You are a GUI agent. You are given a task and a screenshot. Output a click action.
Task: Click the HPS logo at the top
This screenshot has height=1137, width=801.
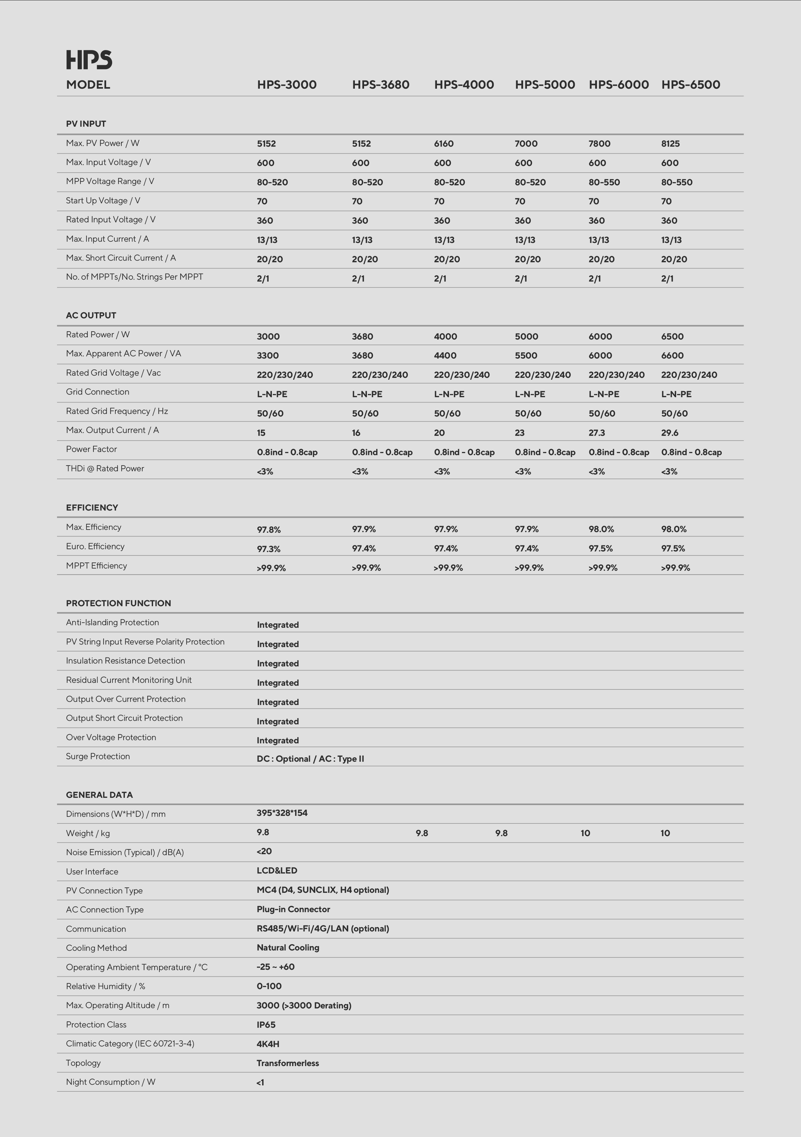(x=89, y=60)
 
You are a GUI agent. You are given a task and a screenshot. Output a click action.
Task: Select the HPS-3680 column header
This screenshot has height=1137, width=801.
(x=381, y=85)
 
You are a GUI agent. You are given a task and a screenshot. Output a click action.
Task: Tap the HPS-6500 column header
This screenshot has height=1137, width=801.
(x=690, y=85)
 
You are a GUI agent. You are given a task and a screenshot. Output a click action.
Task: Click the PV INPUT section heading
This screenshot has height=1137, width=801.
(x=86, y=124)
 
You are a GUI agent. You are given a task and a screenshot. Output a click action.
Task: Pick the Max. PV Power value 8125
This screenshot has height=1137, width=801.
(x=670, y=143)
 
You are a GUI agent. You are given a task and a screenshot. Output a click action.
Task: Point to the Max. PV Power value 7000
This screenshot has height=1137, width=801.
(x=526, y=143)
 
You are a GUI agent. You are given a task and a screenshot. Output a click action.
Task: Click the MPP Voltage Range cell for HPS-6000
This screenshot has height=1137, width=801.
(x=604, y=182)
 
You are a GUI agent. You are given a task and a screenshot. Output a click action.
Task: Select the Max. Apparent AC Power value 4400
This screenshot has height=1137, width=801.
(x=445, y=356)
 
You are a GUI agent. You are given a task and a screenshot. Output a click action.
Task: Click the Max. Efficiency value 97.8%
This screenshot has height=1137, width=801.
(x=268, y=529)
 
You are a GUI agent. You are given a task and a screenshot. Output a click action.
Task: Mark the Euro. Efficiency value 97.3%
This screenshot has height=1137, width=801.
(x=268, y=549)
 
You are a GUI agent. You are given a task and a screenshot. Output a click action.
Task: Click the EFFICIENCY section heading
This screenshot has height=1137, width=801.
(x=92, y=508)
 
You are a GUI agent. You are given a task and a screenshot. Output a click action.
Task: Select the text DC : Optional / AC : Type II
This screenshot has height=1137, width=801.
(x=310, y=759)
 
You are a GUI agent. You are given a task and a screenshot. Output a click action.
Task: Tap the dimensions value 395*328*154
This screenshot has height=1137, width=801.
(x=282, y=813)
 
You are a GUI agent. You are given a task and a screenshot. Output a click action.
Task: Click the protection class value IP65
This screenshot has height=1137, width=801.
(x=266, y=1025)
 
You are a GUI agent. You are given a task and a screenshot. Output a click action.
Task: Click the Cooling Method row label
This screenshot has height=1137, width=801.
(x=96, y=948)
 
